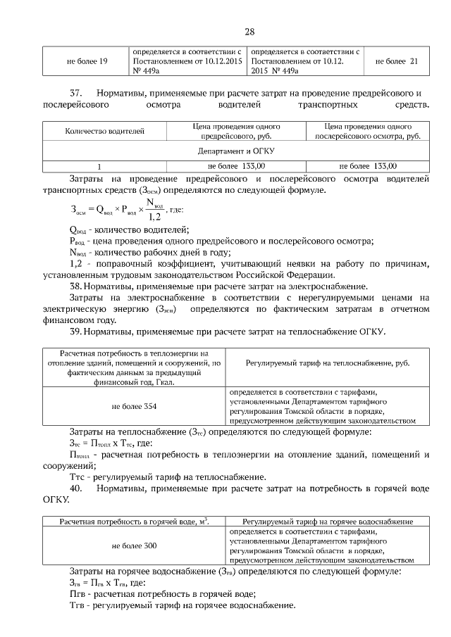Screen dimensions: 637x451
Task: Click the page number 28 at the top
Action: click(249, 32)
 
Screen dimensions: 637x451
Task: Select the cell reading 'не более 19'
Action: click(87, 61)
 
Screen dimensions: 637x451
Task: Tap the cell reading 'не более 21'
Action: click(397, 61)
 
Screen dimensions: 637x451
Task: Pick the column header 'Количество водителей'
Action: click(104, 130)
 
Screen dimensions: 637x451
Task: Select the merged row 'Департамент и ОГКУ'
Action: click(235, 151)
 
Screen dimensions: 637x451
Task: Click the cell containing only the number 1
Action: click(99, 166)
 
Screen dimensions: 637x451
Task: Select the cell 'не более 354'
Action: click(134, 406)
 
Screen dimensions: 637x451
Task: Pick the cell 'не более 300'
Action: click(134, 545)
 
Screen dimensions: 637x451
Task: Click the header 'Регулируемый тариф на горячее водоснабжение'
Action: click(326, 522)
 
